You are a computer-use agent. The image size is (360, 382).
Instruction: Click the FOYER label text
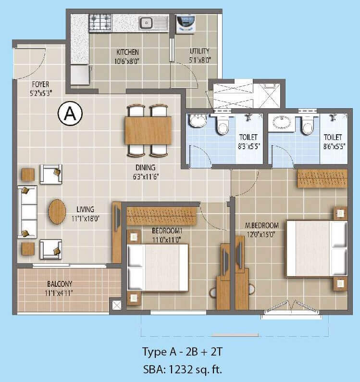pyautogui.click(x=40, y=85)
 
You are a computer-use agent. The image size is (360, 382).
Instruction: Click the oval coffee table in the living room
pyautogui.click(x=57, y=211)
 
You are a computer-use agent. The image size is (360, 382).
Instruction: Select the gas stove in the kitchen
pyautogui.click(x=99, y=22)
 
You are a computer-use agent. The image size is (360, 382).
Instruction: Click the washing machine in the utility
pyautogui.click(x=186, y=23)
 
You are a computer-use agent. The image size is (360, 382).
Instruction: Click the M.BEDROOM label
pyautogui.click(x=261, y=225)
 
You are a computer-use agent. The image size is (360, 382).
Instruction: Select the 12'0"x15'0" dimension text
pyautogui.click(x=261, y=234)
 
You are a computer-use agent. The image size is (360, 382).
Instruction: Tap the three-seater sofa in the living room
pyautogui.click(x=27, y=211)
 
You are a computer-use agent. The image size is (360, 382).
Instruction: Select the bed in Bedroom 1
pyautogui.click(x=157, y=267)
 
